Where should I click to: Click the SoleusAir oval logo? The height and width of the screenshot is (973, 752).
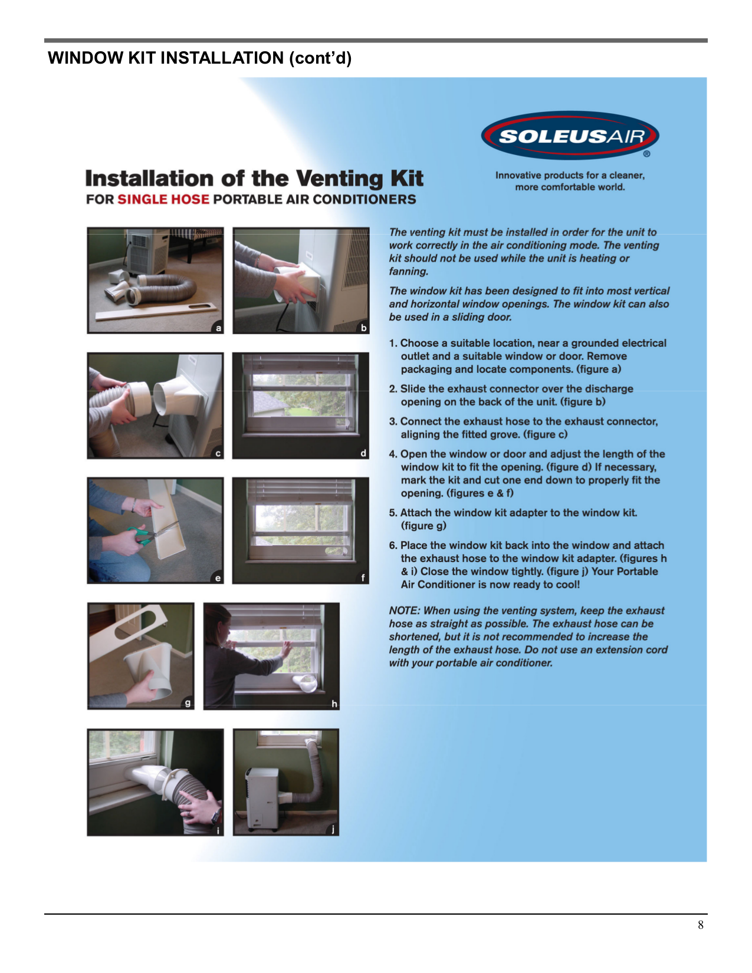click(x=570, y=136)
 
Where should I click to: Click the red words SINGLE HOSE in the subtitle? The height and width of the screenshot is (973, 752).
click(x=163, y=199)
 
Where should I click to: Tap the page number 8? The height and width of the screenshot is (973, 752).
click(x=701, y=925)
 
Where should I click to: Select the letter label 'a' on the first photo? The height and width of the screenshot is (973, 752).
click(x=218, y=328)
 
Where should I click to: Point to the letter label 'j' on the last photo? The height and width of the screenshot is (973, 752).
click(x=333, y=829)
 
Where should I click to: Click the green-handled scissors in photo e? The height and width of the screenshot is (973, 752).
click(x=142, y=535)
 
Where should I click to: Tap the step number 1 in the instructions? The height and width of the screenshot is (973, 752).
click(x=393, y=343)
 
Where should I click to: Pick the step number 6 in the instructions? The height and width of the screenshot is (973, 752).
click(x=393, y=545)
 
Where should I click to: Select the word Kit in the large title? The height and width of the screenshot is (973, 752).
click(x=406, y=178)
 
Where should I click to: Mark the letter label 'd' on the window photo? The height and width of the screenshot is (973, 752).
click(x=363, y=453)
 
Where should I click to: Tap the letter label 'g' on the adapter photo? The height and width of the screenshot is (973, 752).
click(x=188, y=702)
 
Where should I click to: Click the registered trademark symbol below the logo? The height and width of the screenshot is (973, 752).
click(x=647, y=154)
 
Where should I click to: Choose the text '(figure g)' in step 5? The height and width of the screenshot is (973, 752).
click(x=423, y=526)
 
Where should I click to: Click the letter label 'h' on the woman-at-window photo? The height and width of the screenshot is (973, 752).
click(x=334, y=704)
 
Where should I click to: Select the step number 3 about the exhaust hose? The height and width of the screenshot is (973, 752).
click(x=393, y=421)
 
